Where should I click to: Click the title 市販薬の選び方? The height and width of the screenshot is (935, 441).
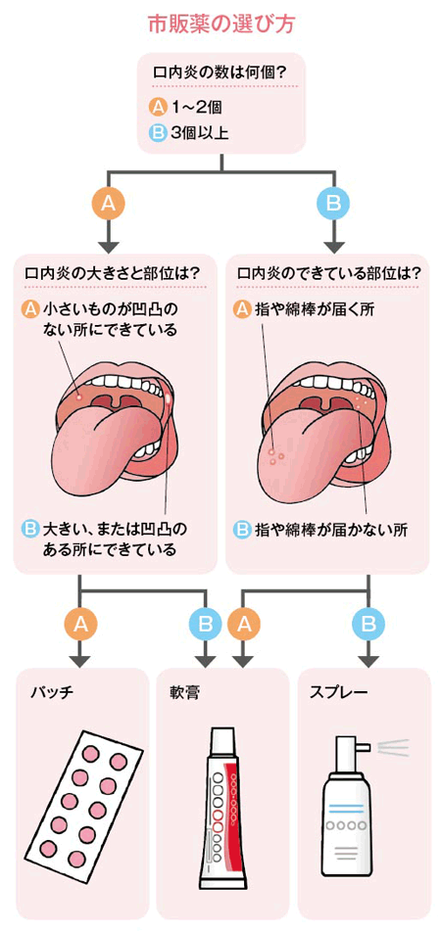coord(220,24)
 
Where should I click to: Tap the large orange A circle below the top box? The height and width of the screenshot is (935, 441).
coord(108,204)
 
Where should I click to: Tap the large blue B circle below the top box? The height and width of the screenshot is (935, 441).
coord(333,204)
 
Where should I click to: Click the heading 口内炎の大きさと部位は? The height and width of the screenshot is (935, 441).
coord(113,274)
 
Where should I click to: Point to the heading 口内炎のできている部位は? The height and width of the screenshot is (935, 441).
coord(328,274)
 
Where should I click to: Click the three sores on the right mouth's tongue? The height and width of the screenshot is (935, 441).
coord(275,455)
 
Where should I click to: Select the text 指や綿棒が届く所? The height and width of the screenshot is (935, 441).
coord(318,310)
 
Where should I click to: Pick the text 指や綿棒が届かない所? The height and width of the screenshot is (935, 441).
coord(330,530)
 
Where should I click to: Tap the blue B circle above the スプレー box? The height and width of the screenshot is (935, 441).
coord(368,624)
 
